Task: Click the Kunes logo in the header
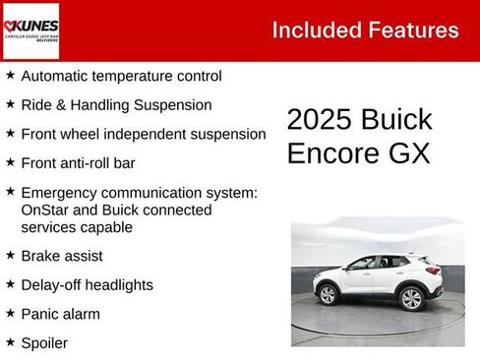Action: pyautogui.click(x=30, y=30)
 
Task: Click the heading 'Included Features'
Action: pyautogui.click(x=365, y=30)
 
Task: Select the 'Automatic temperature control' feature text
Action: pyautogui.click(x=121, y=76)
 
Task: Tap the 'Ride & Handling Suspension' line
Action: pyautogui.click(x=116, y=104)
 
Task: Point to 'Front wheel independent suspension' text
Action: pyautogui.click(x=143, y=134)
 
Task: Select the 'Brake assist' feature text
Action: pyautogui.click(x=62, y=256)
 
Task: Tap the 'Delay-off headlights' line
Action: pyautogui.click(x=87, y=285)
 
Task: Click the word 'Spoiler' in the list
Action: pyautogui.click(x=44, y=342)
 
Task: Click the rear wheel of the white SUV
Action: pyautogui.click(x=412, y=297)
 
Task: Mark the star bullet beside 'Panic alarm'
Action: pyautogui.click(x=10, y=314)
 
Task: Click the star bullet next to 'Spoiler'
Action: pyautogui.click(x=10, y=342)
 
